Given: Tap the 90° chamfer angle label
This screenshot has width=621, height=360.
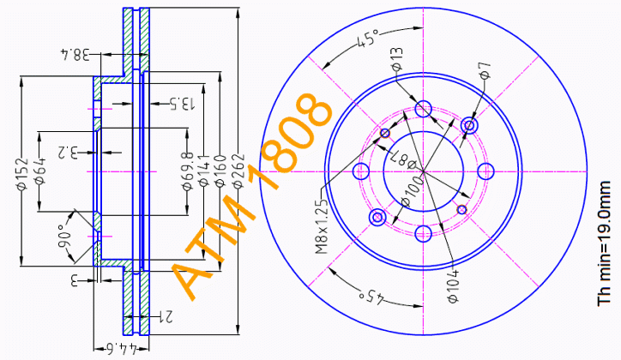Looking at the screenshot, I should (65, 233).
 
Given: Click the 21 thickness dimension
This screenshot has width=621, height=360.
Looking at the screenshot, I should (169, 318).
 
